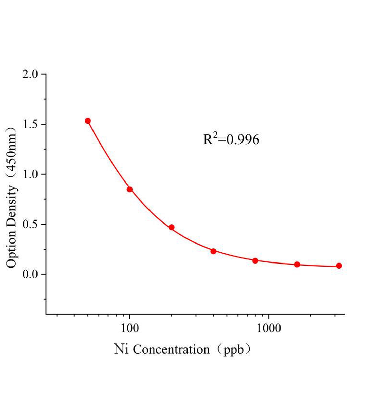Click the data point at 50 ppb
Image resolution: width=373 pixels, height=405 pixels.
(88, 121)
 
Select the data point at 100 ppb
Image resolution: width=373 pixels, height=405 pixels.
(129, 189)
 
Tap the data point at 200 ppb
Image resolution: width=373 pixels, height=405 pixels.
(172, 227)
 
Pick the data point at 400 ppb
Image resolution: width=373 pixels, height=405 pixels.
(213, 251)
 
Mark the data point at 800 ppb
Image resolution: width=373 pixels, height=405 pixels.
(255, 261)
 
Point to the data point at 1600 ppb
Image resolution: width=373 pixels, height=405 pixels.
(297, 265)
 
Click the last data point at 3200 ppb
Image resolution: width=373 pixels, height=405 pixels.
(339, 266)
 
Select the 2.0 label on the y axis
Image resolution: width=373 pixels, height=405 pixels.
(30, 74)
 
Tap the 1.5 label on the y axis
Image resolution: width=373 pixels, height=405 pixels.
(30, 124)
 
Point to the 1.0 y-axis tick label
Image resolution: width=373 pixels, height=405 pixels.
(30, 174)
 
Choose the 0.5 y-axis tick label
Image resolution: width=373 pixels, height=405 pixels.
(30, 224)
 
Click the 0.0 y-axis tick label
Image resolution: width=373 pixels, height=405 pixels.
(30, 274)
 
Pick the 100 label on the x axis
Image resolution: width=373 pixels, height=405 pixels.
(129, 328)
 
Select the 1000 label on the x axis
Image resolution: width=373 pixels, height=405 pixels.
(269, 328)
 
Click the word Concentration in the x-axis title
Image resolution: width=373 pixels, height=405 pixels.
(171, 350)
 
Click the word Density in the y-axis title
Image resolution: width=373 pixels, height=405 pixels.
(11, 206)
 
